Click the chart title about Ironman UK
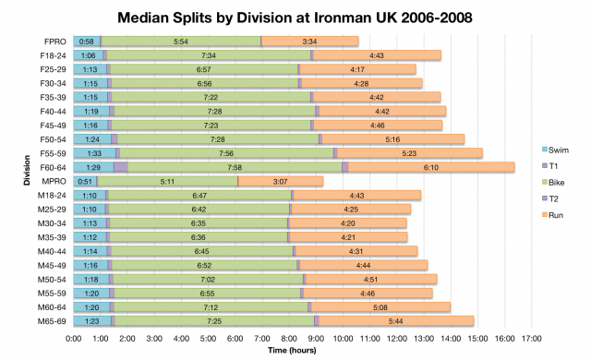tap(295, 18)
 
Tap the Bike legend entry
tap(559, 182)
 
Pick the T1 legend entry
tap(556, 166)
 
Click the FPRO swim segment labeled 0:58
tap(87, 42)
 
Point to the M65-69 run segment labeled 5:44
tap(396, 320)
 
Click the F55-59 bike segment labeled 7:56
tap(226, 153)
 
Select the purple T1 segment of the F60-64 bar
tap(121, 167)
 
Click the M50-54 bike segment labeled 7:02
tap(207, 279)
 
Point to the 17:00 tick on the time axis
tap(532, 339)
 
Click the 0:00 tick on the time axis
tap(74, 339)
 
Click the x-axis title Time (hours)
tap(296, 351)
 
